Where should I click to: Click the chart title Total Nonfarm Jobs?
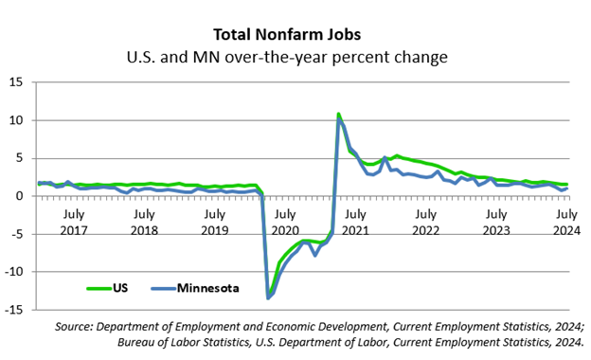[287, 35]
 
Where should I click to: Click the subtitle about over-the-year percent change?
[287, 57]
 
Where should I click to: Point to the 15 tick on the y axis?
[17, 82]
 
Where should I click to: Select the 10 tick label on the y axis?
[17, 120]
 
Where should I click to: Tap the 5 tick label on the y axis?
[19, 158]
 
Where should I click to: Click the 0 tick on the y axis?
[19, 196]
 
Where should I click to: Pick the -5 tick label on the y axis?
[17, 234]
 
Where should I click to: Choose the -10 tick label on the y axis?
[14, 272]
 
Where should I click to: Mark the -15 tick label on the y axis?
[14, 310]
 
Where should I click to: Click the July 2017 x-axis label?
[74, 223]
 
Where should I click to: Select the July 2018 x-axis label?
[144, 223]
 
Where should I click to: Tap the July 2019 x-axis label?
[215, 223]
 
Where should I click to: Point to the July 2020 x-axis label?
[285, 223]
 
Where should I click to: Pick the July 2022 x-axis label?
[426, 223]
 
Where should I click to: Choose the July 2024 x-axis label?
[567, 223]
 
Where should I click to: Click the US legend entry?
[107, 288]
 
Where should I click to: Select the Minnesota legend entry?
[195, 288]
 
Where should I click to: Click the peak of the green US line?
[338, 114]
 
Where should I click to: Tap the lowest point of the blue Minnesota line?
[268, 298]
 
